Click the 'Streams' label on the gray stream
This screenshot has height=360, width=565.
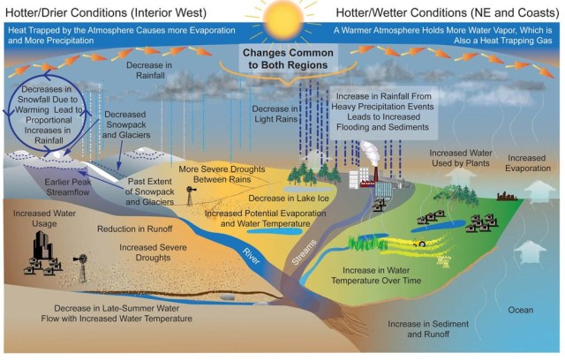[x=305, y=251]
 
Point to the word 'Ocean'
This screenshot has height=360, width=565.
[x=521, y=310]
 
